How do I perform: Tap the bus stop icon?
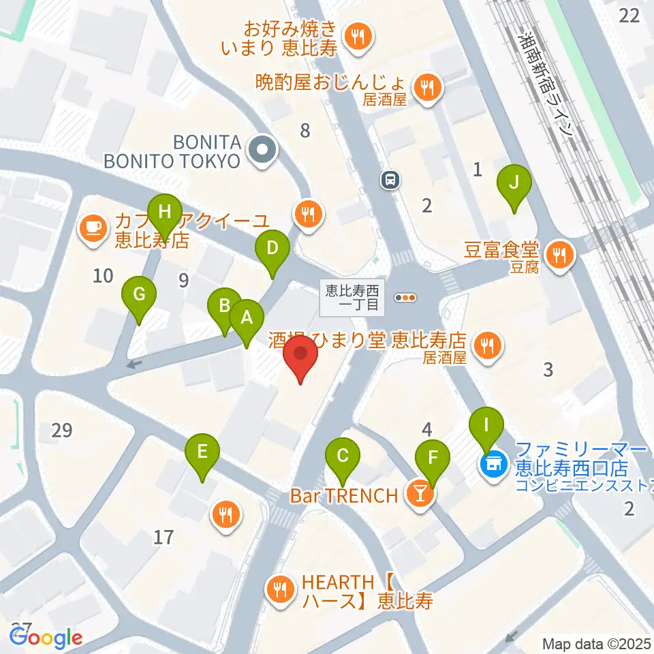[x=390, y=179]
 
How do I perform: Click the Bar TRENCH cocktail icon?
[x=420, y=495]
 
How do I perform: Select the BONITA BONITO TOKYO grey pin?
[x=261, y=152]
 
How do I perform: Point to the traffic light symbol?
[x=407, y=297]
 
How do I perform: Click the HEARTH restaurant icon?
[x=280, y=591]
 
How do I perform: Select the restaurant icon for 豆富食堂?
[x=560, y=255]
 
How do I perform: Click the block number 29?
[x=61, y=431]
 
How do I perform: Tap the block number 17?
[x=163, y=538]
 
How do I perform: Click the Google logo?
[x=46, y=638]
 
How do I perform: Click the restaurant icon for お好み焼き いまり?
[x=356, y=38]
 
